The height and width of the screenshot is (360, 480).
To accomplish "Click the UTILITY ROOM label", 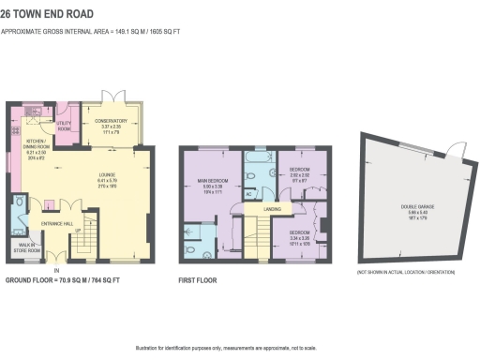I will (x=65, y=126).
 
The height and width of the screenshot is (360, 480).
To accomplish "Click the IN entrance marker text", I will (x=56, y=267).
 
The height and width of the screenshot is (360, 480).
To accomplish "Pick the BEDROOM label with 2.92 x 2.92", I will (x=300, y=172).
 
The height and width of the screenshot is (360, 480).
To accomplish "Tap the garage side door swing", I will (x=456, y=154).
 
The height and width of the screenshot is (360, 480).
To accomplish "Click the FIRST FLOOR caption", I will (x=198, y=279).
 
